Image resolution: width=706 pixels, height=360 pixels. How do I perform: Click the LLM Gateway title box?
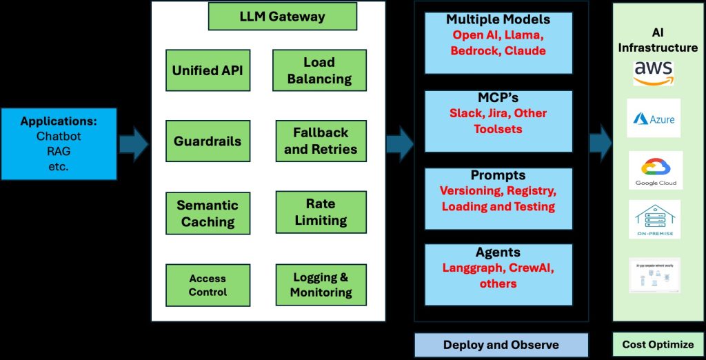283,17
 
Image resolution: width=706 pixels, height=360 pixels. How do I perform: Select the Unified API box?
208,70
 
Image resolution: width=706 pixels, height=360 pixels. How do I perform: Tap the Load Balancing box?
319,70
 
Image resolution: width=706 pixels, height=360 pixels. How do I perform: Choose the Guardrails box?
208,141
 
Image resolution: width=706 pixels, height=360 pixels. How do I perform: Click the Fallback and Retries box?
321,141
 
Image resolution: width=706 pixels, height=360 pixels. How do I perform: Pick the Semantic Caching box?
208,213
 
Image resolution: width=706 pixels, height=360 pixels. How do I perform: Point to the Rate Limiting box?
321,212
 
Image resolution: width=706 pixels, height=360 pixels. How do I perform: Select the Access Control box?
208,285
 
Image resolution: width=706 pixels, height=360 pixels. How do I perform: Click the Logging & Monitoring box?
321,285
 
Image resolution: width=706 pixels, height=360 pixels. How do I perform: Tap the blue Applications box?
59,144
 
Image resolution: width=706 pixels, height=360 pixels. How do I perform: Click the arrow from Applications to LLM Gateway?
134,144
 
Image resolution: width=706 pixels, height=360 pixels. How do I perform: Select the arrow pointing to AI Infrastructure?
601,144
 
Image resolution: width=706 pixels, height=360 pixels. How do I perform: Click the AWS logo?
654,72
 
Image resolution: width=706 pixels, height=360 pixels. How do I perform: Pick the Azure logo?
654,118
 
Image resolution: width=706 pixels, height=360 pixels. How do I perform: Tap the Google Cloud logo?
656,170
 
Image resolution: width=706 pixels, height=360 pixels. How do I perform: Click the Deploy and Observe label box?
501,345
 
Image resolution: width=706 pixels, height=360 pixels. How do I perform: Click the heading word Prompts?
498,176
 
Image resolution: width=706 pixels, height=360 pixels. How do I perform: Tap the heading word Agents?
498,253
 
